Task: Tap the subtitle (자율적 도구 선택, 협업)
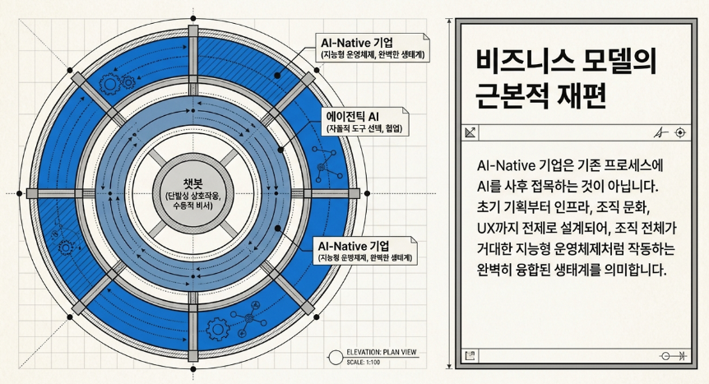click(364, 129)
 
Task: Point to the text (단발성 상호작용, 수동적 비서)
click(193, 201)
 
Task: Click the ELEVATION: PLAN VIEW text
click(381, 352)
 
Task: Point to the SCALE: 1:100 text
click(363, 363)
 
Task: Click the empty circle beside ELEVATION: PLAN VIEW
click(336, 358)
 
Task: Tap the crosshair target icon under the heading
click(680, 132)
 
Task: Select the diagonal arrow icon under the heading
click(470, 132)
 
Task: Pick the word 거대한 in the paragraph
click(495, 249)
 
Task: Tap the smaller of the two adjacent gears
click(129, 82)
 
